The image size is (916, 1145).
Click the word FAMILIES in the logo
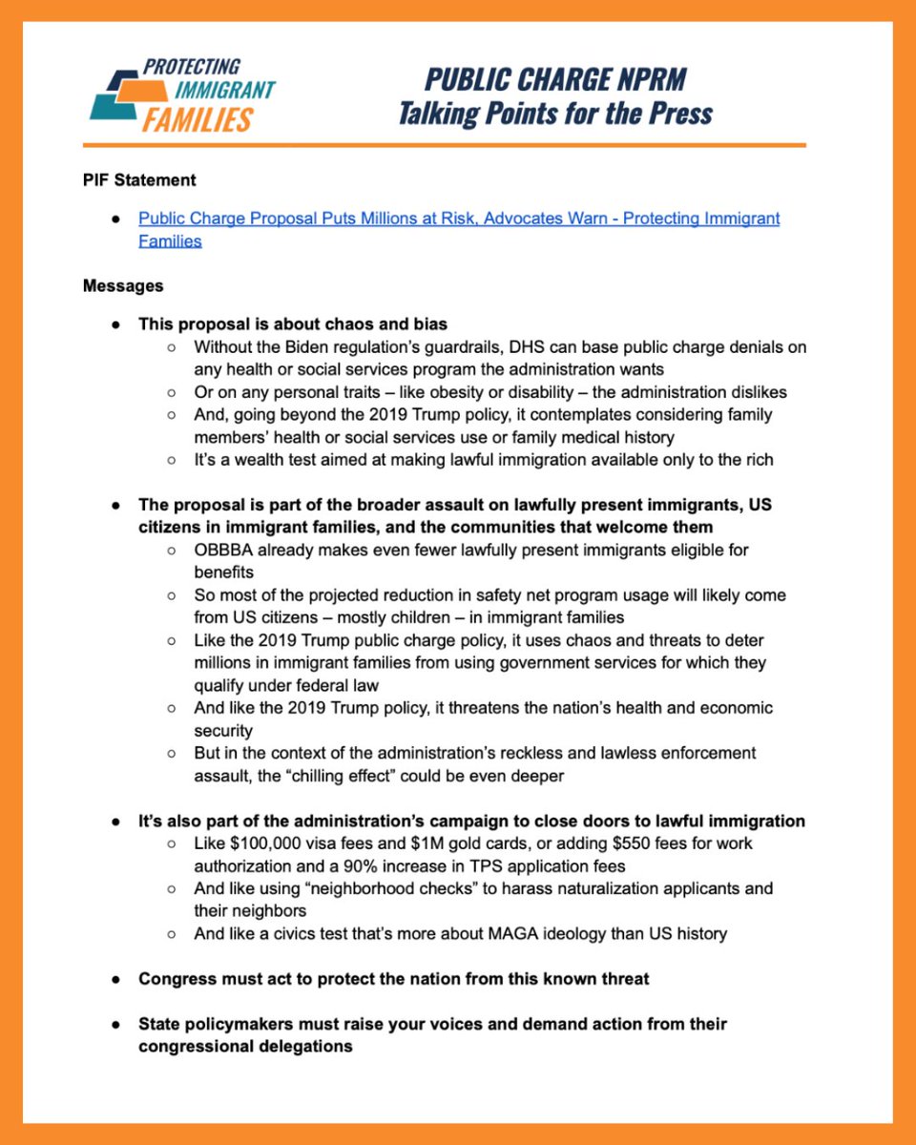coord(198,120)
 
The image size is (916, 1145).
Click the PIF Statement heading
coord(139,179)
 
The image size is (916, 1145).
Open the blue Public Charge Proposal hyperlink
coord(459,219)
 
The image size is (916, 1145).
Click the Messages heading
coord(123,285)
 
